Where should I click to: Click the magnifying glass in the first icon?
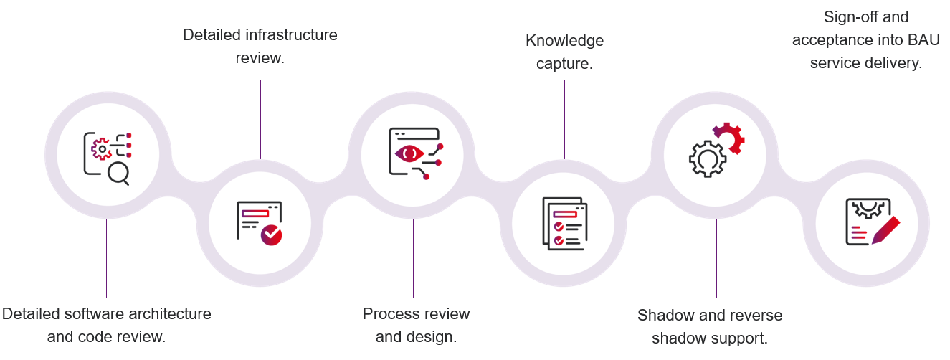click(x=118, y=173)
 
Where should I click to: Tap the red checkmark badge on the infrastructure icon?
click(x=272, y=235)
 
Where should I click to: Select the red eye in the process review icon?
click(x=410, y=153)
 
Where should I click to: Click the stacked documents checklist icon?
click(x=565, y=223)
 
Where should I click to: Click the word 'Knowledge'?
click(x=565, y=40)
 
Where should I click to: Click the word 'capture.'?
click(x=565, y=63)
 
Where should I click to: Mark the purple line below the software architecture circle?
click(x=106, y=258)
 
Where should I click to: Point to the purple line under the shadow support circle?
click(x=716, y=258)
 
